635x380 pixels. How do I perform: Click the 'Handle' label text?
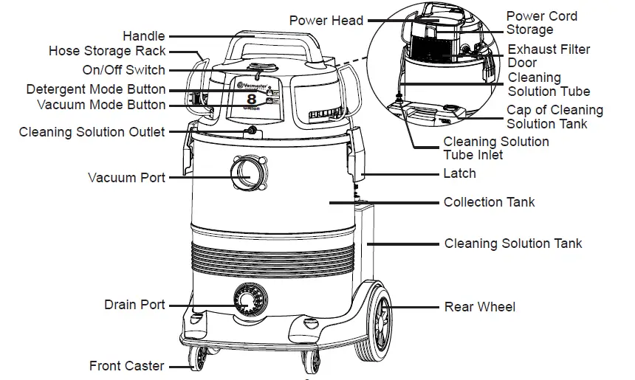(x=143, y=36)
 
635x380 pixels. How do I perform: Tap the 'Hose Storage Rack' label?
(x=107, y=52)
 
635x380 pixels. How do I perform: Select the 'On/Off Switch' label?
(x=123, y=71)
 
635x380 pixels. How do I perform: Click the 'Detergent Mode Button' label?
(x=96, y=89)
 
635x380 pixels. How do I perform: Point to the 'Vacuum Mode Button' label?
(x=101, y=105)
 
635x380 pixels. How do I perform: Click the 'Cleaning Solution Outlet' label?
(x=92, y=133)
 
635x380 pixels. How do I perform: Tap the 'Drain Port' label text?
(x=134, y=305)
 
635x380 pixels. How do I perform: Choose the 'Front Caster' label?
(x=127, y=366)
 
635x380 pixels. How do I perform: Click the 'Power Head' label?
(x=326, y=20)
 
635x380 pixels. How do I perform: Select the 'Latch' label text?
(x=459, y=174)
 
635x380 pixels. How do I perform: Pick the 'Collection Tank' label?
(x=489, y=202)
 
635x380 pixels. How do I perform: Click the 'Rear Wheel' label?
(x=479, y=307)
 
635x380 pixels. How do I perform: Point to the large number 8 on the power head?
(x=251, y=97)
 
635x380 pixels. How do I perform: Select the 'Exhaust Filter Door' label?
(x=549, y=56)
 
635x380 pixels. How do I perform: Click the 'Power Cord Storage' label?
(x=541, y=23)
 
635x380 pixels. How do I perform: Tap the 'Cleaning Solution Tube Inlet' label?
(x=495, y=148)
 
